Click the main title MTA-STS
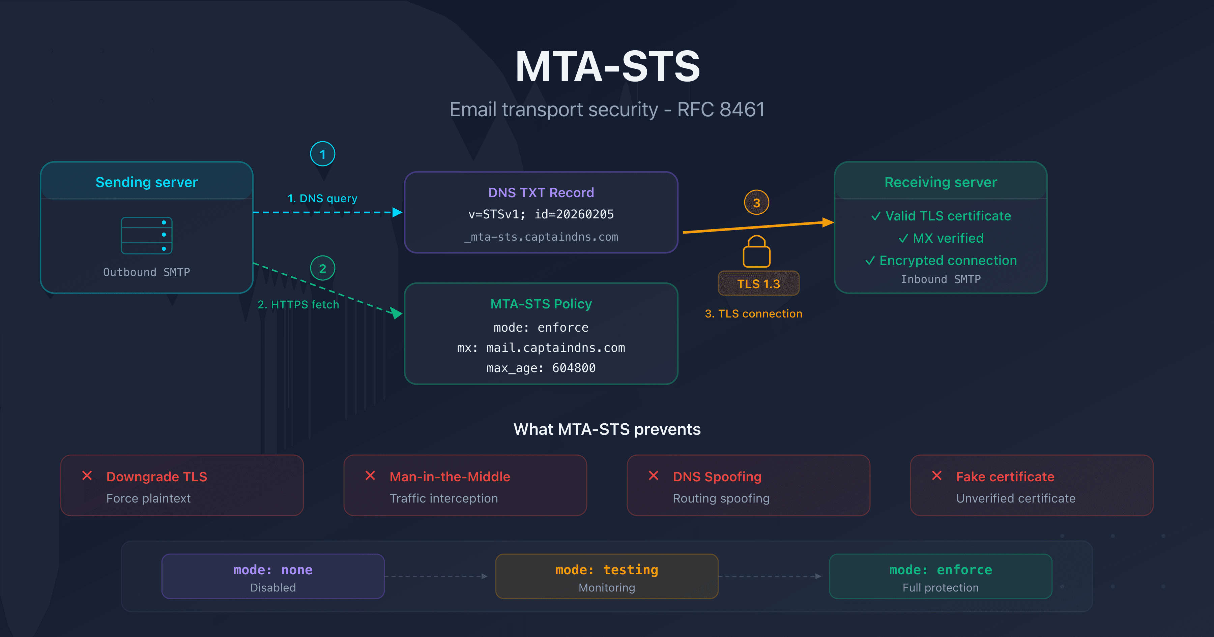pyautogui.click(x=607, y=67)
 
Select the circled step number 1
pyautogui.click(x=322, y=154)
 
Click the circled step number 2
pyautogui.click(x=322, y=269)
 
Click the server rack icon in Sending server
pyautogui.click(x=147, y=236)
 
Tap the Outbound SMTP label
pyautogui.click(x=147, y=272)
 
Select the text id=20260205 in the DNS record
pyautogui.click(x=574, y=214)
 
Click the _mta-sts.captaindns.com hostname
pyautogui.click(x=541, y=237)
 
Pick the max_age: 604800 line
pyautogui.click(x=541, y=368)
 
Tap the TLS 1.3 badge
pyautogui.click(x=758, y=284)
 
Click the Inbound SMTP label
pyautogui.click(x=941, y=279)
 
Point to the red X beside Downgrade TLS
pyautogui.click(x=87, y=476)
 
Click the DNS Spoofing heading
pyautogui.click(x=717, y=477)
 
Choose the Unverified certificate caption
pyautogui.click(x=1016, y=498)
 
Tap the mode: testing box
pyautogui.click(x=607, y=576)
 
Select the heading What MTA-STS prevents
pyautogui.click(x=607, y=429)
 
